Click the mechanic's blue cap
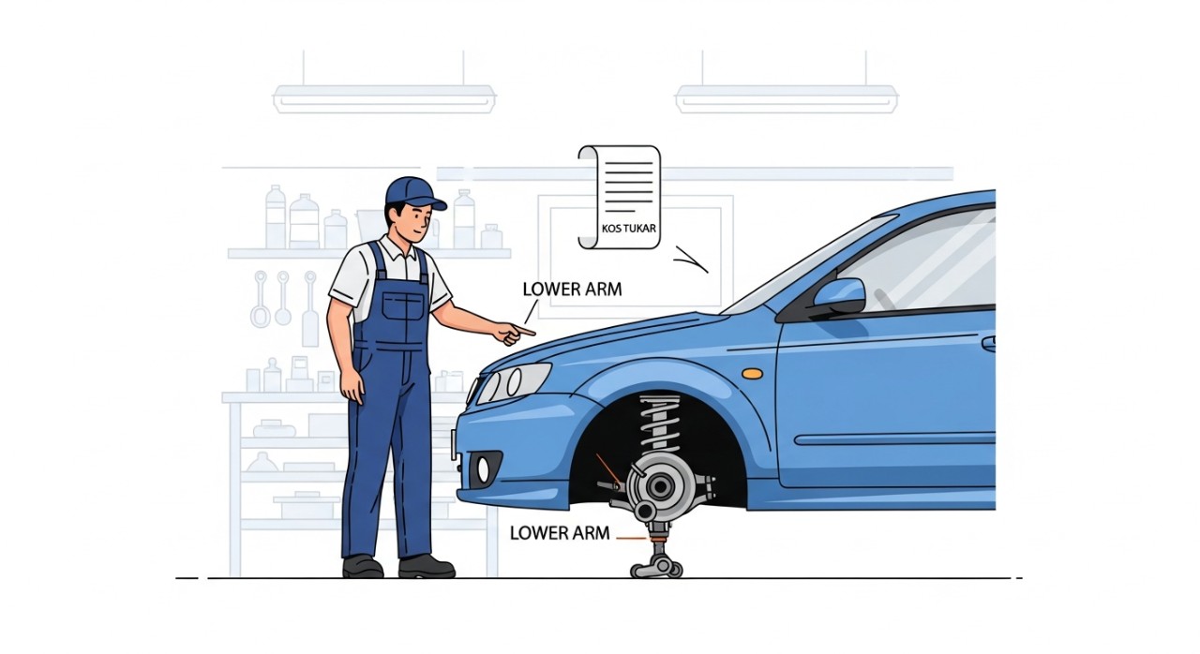click(414, 193)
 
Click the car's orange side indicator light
click(753, 373)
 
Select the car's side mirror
click(838, 296)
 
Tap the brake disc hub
click(658, 486)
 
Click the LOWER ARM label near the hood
click(572, 290)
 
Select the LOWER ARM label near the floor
click(560, 533)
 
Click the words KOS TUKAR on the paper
click(628, 229)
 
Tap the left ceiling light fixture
click(384, 98)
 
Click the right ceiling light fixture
click(787, 98)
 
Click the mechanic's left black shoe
click(363, 566)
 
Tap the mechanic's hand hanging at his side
click(353, 385)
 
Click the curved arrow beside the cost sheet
click(692, 260)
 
